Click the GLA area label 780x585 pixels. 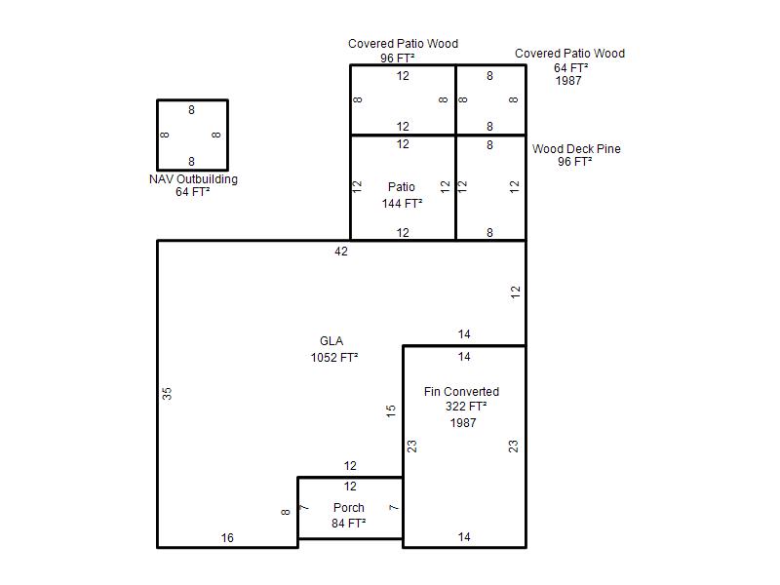(331, 341)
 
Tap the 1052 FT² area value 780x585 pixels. (334, 358)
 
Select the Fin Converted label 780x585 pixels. (461, 392)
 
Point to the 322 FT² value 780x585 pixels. (466, 407)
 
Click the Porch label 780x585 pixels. (348, 508)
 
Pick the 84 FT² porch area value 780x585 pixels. (348, 524)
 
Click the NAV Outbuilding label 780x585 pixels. (193, 179)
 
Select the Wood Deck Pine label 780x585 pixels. (576, 149)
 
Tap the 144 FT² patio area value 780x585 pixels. (402, 204)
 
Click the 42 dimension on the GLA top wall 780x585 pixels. (341, 252)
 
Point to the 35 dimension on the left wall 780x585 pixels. (167, 394)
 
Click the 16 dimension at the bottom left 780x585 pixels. (227, 538)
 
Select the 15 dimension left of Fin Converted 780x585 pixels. (391, 411)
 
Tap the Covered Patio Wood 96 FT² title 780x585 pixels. (403, 44)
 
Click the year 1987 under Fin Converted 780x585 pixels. (463, 423)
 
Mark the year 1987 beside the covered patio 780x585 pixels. (568, 81)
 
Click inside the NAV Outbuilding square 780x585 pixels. (192, 135)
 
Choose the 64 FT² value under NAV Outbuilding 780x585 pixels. (193, 192)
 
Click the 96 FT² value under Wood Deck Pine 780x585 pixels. (575, 162)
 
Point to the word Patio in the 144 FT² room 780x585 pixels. (401, 187)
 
